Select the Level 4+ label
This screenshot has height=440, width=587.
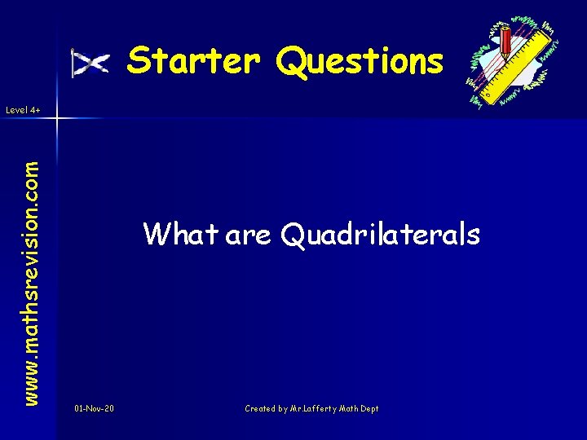click(x=22, y=108)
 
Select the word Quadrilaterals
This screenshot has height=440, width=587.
click(x=380, y=235)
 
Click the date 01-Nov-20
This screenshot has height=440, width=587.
click(x=94, y=408)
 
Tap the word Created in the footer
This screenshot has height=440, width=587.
click(x=261, y=408)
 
